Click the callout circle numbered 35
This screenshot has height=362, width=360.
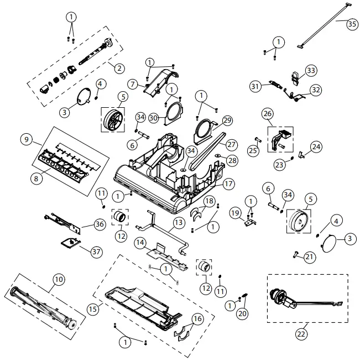click(x=352, y=24)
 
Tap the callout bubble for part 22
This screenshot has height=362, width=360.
click(x=301, y=334)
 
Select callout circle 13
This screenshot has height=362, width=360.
click(x=178, y=223)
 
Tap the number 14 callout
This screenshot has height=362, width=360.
click(x=140, y=242)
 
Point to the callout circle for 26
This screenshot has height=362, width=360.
click(x=268, y=114)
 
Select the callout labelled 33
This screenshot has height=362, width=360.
click(x=311, y=70)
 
